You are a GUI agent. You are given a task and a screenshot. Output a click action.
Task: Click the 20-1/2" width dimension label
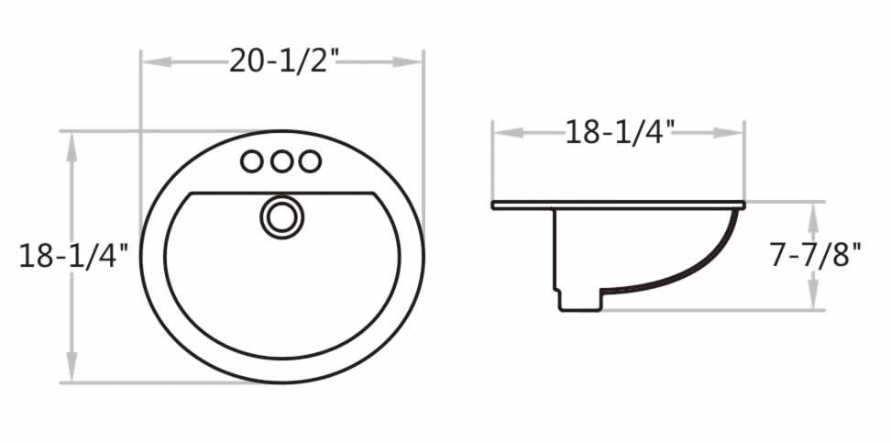[283, 61]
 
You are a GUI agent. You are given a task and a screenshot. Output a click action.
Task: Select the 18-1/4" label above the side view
[620, 132]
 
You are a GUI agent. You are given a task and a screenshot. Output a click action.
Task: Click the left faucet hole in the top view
[251, 161]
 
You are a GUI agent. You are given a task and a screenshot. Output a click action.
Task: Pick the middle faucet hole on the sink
[281, 161]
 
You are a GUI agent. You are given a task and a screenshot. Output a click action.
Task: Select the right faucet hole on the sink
[311, 161]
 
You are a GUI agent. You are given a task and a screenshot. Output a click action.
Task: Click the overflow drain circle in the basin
[281, 216]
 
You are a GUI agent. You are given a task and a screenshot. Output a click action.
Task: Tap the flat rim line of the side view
[618, 205]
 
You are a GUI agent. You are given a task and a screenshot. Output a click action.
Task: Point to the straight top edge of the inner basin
[281, 194]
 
